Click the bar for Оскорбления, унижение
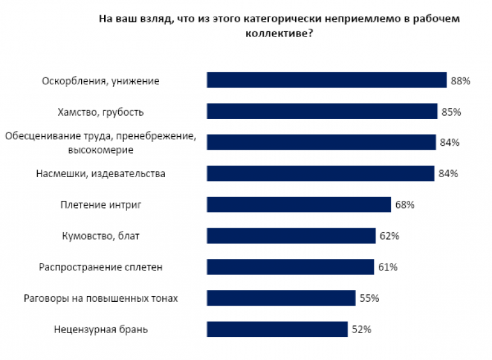[326, 80]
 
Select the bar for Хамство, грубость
[322, 111]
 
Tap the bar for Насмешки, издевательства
[321, 173]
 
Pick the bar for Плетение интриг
[298, 205]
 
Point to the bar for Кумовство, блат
[291, 236]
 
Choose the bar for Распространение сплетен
[290, 267]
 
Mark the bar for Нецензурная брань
[277, 329]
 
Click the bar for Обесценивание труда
[321, 142]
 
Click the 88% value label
[460, 81]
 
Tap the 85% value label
[451, 112]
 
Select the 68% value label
[405, 205]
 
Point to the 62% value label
[389, 236]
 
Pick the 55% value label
[369, 298]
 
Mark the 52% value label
[362, 329]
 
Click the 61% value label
[388, 267]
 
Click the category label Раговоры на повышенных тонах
[100, 298]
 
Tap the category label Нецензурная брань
[101, 329]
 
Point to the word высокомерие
[100, 150]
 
